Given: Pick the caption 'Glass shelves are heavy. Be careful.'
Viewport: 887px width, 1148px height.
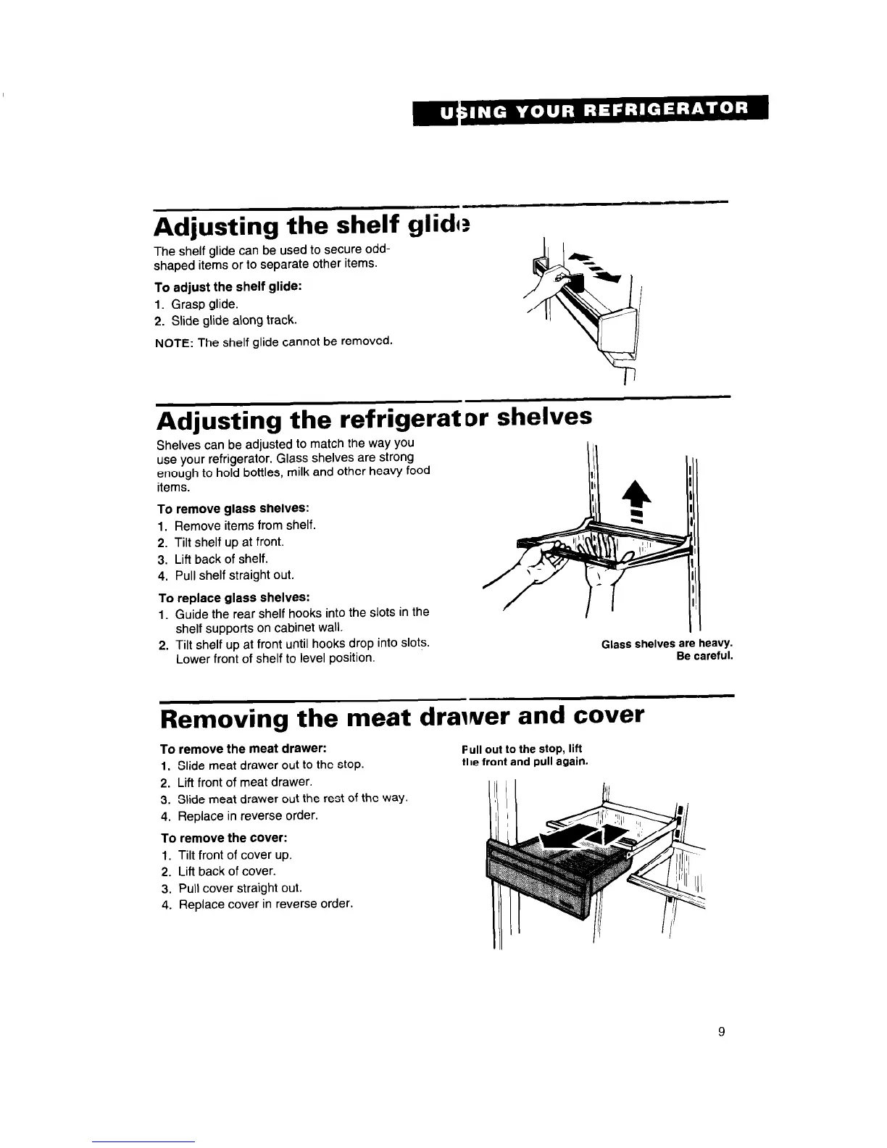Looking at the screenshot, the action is [x=667, y=650].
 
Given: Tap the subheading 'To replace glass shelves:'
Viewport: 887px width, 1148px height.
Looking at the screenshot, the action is [x=234, y=597].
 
